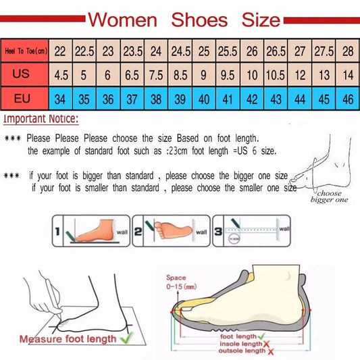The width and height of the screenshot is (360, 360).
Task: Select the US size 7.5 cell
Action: [x=155, y=73]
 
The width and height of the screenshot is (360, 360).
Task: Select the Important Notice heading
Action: [x=41, y=120]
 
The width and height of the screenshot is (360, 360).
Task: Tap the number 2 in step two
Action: [x=138, y=231]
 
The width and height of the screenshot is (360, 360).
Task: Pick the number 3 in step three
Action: [x=217, y=231]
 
